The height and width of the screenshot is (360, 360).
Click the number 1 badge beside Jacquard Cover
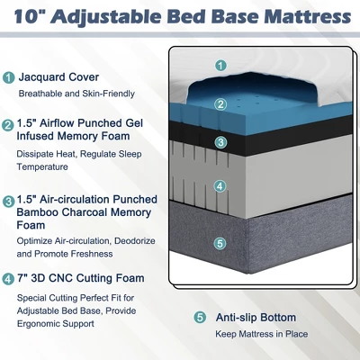(x=8, y=77)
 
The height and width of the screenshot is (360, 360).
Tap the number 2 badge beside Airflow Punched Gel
(x=8, y=125)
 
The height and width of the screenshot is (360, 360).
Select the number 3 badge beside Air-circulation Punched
(x=8, y=201)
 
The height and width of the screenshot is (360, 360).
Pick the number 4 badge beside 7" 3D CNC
(x=8, y=279)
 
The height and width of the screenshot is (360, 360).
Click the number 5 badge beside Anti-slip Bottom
(x=200, y=318)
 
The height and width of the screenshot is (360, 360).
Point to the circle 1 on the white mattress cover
(x=220, y=65)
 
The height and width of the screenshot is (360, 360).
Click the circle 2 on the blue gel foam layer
(x=220, y=103)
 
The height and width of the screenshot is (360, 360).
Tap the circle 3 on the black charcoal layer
(x=220, y=142)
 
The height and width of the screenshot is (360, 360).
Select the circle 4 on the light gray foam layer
(x=220, y=186)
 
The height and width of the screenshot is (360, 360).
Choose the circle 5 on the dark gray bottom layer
(x=220, y=243)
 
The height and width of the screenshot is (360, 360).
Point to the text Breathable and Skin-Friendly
(x=76, y=94)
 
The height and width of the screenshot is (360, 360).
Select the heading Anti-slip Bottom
(x=256, y=318)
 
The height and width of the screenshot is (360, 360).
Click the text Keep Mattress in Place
(x=262, y=334)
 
